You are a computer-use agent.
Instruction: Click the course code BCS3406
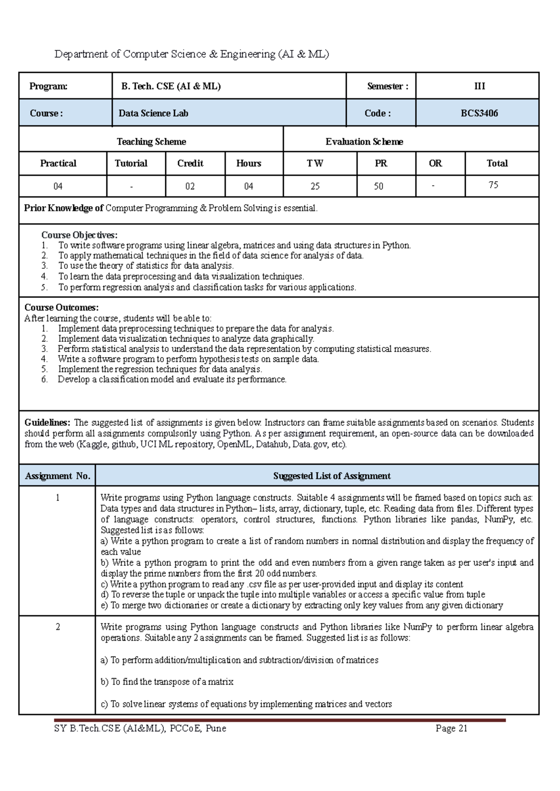[479, 113]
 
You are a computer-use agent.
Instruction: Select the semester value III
[479, 86]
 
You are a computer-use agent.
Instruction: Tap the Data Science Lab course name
[153, 113]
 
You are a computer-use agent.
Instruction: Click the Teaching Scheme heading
[151, 141]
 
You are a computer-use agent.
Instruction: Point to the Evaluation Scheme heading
[364, 141]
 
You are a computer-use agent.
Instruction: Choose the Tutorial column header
[131, 163]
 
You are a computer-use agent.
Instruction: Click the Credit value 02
[190, 186]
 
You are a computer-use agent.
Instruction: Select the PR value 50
[378, 186]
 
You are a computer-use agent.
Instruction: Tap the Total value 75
[493, 185]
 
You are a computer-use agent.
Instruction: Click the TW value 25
[315, 186]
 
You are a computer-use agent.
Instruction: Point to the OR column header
[435, 163]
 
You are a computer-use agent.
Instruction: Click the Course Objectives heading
[79, 235]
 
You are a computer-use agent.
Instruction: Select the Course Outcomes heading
[61, 307]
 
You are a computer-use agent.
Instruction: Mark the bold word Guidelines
[47, 423]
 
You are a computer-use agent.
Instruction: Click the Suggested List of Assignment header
[332, 476]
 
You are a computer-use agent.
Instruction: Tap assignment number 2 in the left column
[57, 627]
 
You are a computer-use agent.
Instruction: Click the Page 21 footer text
[451, 728]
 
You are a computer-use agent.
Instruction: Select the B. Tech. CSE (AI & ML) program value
[171, 86]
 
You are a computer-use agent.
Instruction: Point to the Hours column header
[248, 163]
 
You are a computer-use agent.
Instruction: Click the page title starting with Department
[191, 54]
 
